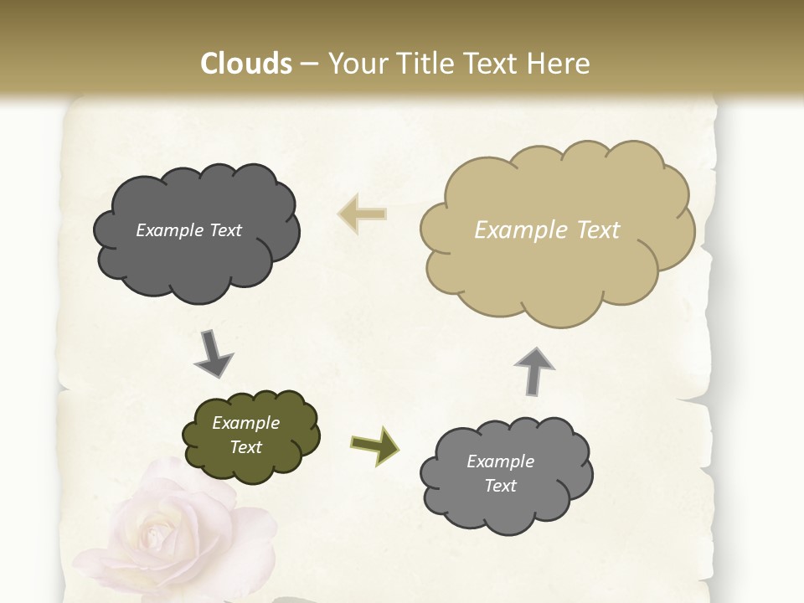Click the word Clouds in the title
coord(246,64)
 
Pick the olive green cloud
coord(251,435)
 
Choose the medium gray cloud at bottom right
coord(505,474)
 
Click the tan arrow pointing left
coord(362,214)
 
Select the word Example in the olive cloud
coord(246,423)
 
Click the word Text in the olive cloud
coord(246,447)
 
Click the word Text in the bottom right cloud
coord(501,486)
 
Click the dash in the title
coord(308,64)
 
